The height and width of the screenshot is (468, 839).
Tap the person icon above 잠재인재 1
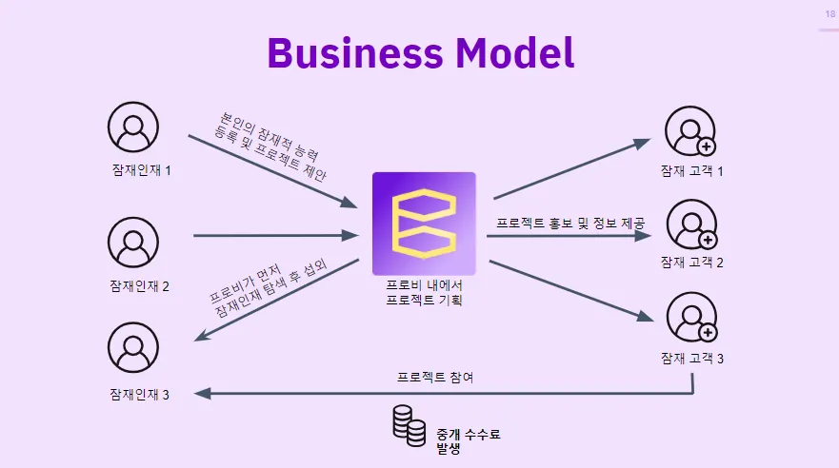click(x=132, y=127)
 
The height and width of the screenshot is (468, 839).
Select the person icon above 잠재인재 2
click(x=133, y=243)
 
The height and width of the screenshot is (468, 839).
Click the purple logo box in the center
click(x=424, y=224)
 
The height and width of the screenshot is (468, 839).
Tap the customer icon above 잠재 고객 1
click(x=690, y=130)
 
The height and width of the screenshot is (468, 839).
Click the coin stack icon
click(x=409, y=426)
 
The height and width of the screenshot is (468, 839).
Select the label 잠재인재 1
click(x=139, y=171)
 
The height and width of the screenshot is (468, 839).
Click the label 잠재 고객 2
click(x=692, y=262)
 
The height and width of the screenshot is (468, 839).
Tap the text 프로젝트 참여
click(x=435, y=378)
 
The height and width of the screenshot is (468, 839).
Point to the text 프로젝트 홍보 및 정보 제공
click(x=570, y=224)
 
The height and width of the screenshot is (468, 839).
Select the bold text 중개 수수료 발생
click(x=468, y=439)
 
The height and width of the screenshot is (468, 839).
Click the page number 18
click(x=829, y=14)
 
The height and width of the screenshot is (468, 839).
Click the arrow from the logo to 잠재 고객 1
click(x=571, y=168)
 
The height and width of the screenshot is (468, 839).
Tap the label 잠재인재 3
click(x=139, y=394)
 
